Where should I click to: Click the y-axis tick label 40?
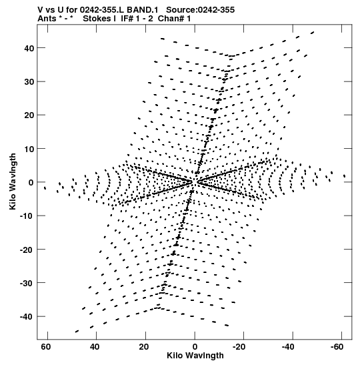click(29, 48)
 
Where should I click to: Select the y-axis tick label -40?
click(27, 316)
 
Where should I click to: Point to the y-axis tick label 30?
click(29, 81)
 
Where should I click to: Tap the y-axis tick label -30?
click(27, 283)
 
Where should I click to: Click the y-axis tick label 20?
click(29, 115)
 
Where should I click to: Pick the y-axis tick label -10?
click(27, 216)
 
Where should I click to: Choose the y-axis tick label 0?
click(31, 183)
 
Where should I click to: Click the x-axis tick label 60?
click(46, 347)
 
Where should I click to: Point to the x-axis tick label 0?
click(195, 347)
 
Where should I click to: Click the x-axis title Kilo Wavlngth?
click(195, 356)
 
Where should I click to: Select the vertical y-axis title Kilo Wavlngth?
click(13, 181)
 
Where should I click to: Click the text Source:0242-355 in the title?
click(200, 10)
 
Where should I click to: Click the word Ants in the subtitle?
click(47, 19)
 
